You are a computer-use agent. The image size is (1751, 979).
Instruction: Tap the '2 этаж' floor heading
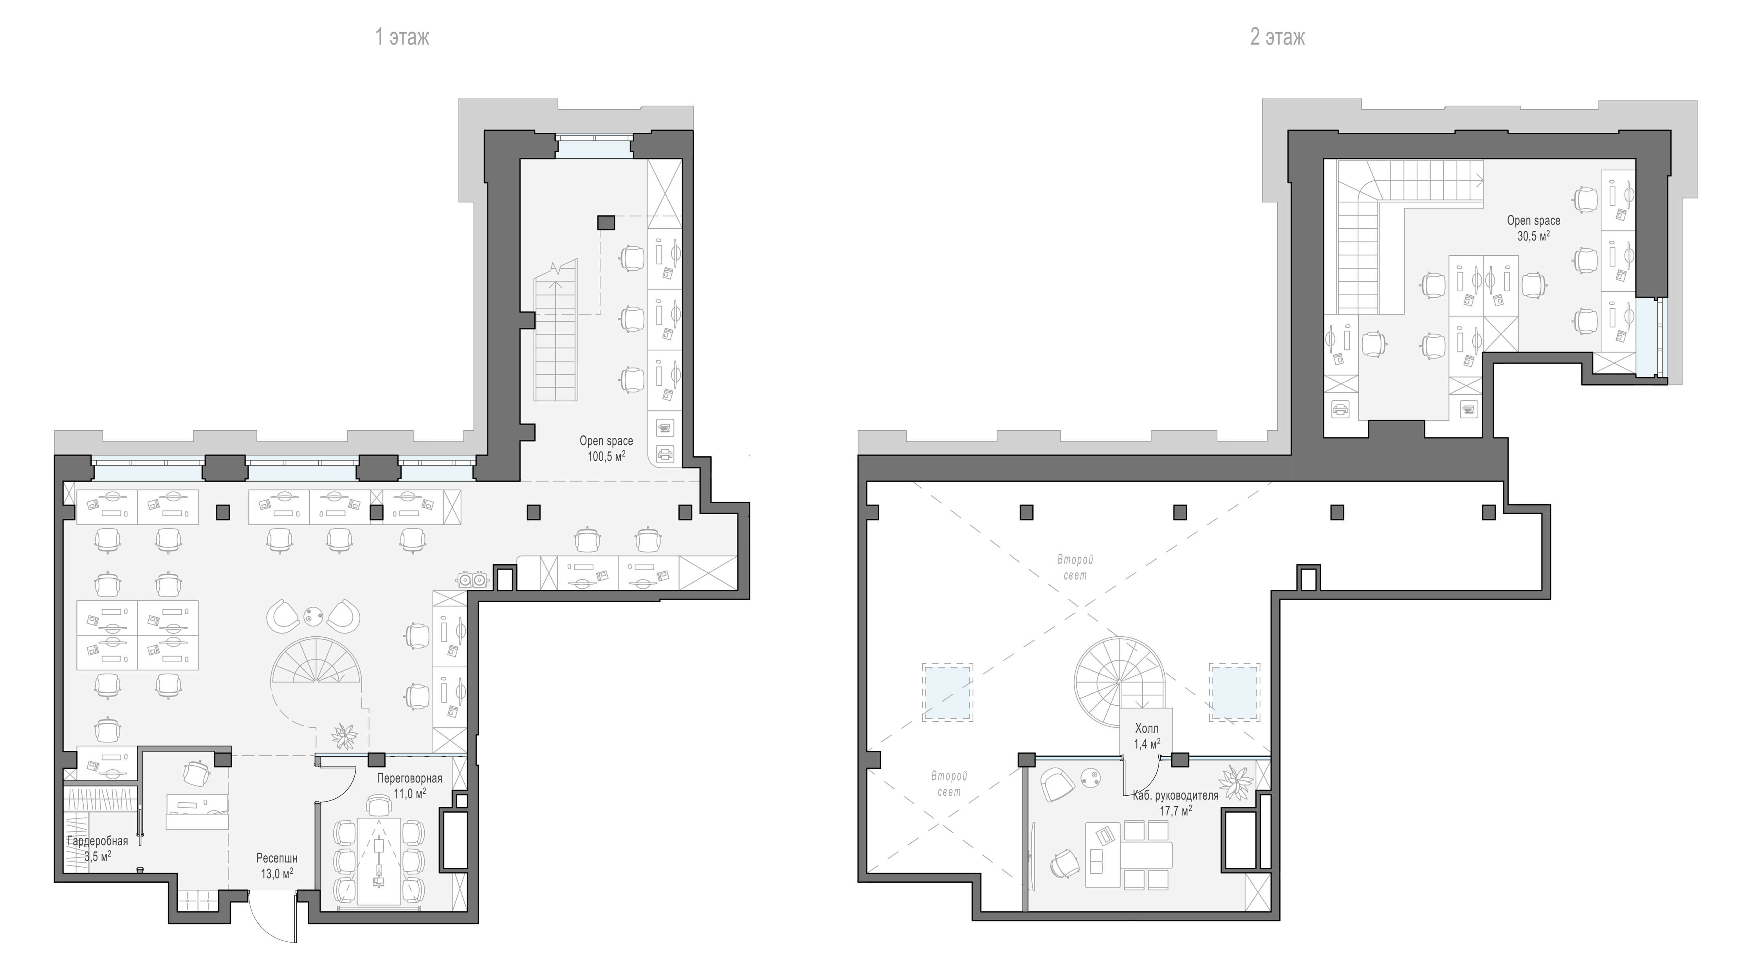pos(1277,37)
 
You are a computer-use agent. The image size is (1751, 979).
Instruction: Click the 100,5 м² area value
pos(606,456)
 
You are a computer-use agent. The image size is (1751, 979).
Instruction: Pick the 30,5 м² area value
pos(1533,236)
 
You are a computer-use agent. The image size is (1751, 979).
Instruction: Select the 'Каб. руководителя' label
pos(1175,795)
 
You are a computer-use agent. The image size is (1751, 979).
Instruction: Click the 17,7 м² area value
pos(1175,810)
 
